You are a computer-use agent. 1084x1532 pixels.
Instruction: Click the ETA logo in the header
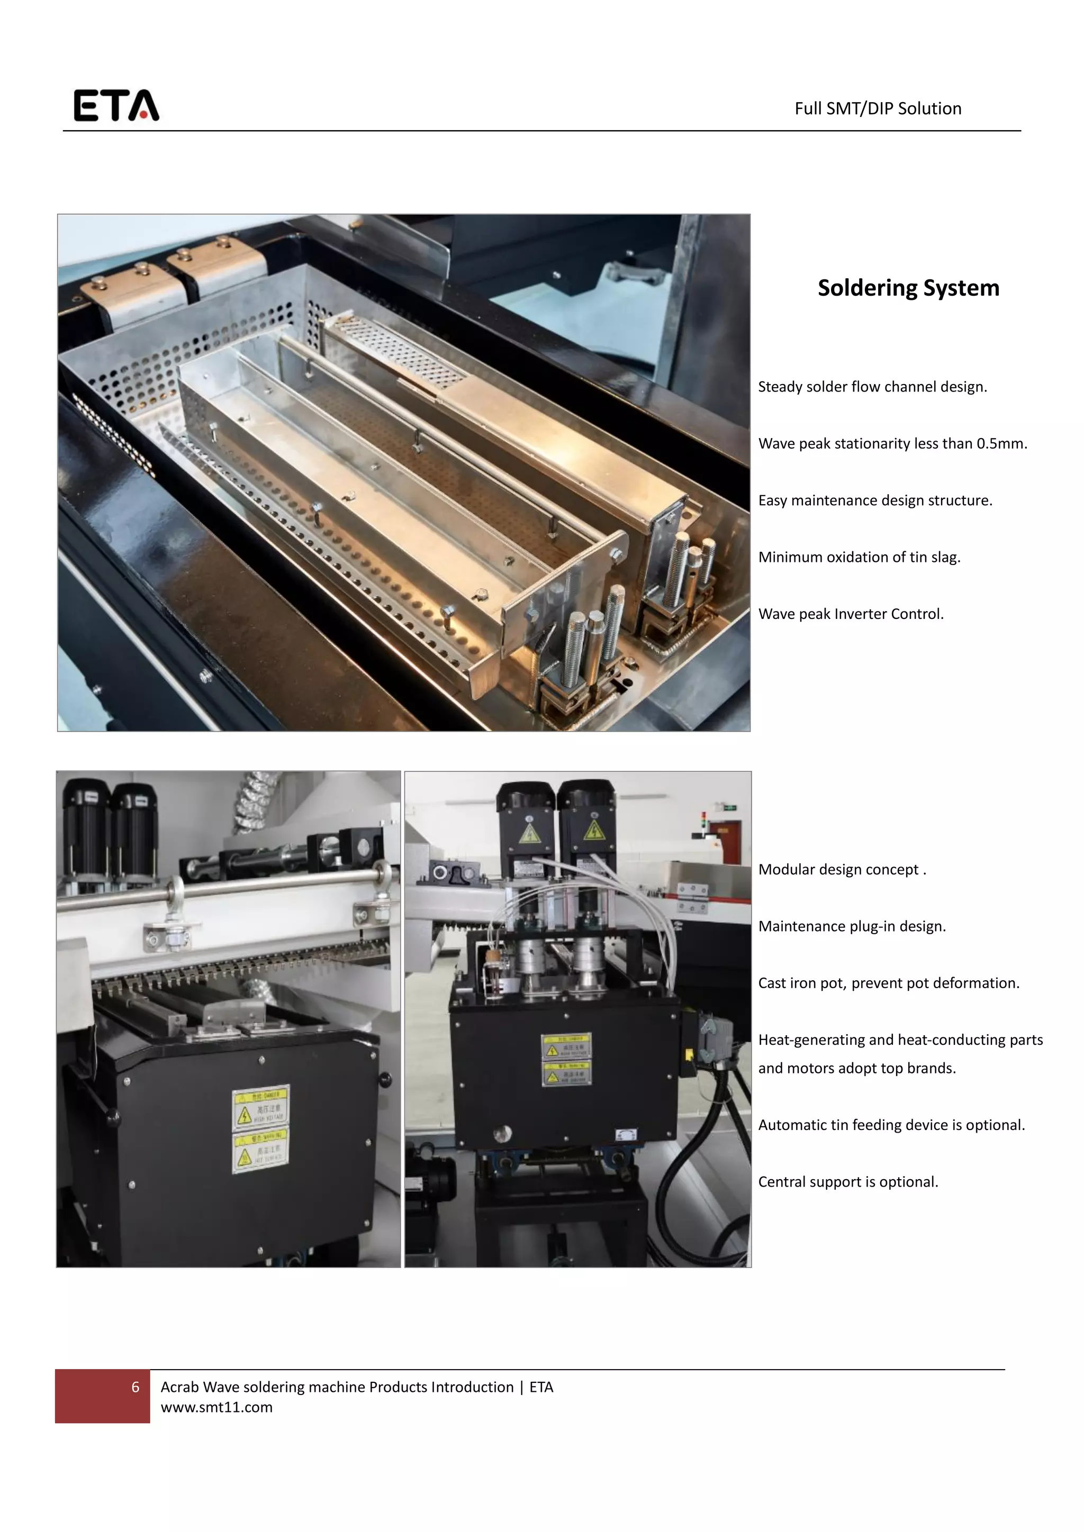click(x=116, y=105)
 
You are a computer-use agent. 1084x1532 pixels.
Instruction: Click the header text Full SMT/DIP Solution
click(x=877, y=109)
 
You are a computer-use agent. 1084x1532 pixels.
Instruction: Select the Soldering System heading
click(x=908, y=288)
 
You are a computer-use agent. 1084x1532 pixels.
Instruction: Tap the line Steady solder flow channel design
click(x=872, y=387)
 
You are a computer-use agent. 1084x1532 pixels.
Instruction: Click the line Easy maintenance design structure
click(x=874, y=500)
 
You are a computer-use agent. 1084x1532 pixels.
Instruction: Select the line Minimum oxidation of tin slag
click(x=859, y=557)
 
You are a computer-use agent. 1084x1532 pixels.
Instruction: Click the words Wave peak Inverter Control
click(x=851, y=614)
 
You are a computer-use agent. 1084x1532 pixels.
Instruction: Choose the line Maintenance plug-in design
click(x=852, y=926)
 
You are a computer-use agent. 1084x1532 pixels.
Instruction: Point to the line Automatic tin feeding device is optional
click(x=891, y=1125)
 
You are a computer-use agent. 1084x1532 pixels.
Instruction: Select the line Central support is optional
click(x=848, y=1182)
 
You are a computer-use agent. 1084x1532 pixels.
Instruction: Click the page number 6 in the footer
click(x=135, y=1387)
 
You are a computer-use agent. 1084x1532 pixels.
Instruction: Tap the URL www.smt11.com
click(x=216, y=1407)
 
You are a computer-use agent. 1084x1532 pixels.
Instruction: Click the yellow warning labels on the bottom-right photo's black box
click(x=566, y=1059)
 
